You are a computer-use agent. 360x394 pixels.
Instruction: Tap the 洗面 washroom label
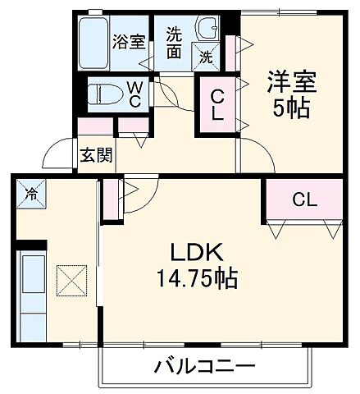click(x=174, y=43)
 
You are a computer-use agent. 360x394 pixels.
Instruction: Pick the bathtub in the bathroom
click(x=93, y=42)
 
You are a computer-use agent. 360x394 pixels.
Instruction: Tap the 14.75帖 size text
click(x=198, y=279)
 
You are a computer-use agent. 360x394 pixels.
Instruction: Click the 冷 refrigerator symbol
click(x=31, y=195)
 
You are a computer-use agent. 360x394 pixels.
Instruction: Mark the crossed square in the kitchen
click(x=71, y=281)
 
